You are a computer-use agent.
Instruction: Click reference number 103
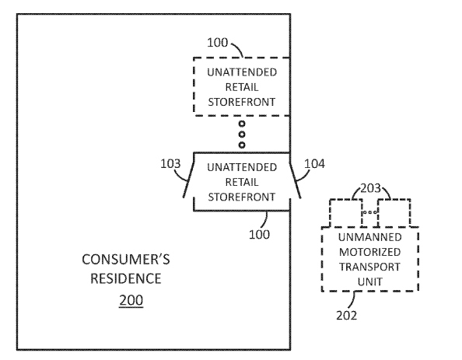[170, 163]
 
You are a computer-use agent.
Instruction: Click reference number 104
[314, 163]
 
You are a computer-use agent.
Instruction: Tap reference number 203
[371, 188]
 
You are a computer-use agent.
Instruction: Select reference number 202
[347, 316]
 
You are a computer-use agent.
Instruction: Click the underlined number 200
[131, 300]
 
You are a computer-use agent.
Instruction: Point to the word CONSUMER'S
[126, 260]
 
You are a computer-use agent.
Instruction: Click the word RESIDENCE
[126, 278]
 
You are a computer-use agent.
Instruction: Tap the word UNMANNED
[369, 237]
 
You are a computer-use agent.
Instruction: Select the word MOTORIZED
[369, 252]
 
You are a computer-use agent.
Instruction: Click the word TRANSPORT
[369, 267]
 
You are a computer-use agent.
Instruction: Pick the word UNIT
[369, 282]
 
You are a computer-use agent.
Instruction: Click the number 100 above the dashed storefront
[218, 43]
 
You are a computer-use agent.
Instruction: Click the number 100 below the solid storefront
[259, 235]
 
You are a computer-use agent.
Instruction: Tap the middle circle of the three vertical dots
[242, 135]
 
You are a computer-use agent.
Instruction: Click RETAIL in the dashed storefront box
[242, 87]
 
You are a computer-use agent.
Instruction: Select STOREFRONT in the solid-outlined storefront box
[242, 197]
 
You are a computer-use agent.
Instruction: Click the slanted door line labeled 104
[295, 180]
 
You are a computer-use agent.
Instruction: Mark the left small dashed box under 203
[346, 213]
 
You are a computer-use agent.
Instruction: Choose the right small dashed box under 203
[394, 213]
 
